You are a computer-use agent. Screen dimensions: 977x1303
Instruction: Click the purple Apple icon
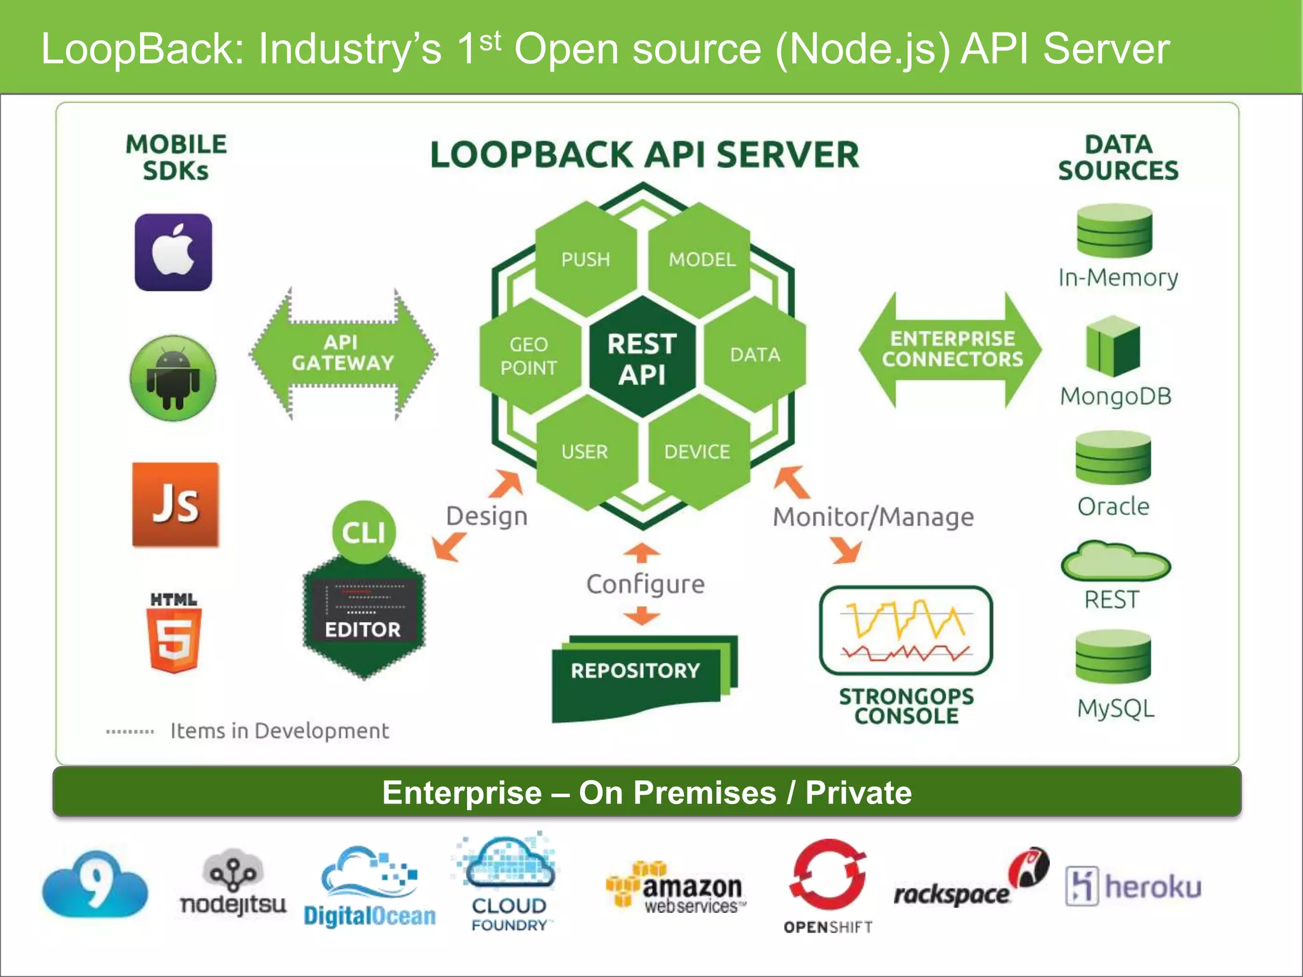(x=173, y=253)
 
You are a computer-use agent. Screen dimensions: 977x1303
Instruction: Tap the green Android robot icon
(x=173, y=378)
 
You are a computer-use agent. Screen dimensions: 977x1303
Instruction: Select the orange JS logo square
(x=176, y=504)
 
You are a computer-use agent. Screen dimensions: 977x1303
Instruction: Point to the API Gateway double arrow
(x=343, y=353)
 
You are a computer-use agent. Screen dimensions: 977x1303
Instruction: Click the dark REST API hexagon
(x=642, y=358)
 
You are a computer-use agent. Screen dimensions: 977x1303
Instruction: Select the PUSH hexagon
(x=585, y=259)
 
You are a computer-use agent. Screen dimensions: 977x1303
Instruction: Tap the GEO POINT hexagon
(x=529, y=356)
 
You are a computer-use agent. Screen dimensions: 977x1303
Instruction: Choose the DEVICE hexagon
(x=697, y=452)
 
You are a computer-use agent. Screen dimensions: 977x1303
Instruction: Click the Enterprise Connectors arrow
(x=951, y=349)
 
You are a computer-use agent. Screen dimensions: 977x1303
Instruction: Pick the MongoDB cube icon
(x=1113, y=347)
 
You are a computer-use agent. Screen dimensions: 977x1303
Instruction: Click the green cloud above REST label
(x=1115, y=562)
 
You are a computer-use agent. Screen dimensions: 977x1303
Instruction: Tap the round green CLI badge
(x=364, y=532)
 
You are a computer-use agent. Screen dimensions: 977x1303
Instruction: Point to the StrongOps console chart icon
(x=905, y=630)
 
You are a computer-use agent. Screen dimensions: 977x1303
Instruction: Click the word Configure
(x=645, y=584)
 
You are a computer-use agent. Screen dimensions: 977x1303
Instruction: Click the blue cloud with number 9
(x=95, y=885)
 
